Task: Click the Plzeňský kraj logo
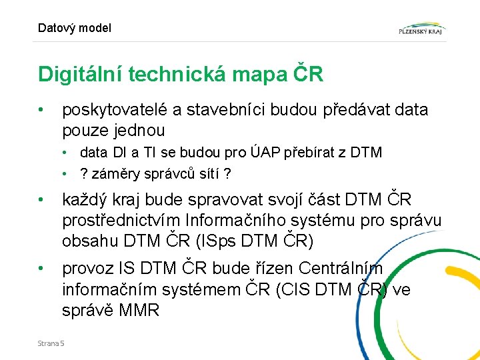(x=422, y=28)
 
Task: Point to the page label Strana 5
(x=51, y=343)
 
